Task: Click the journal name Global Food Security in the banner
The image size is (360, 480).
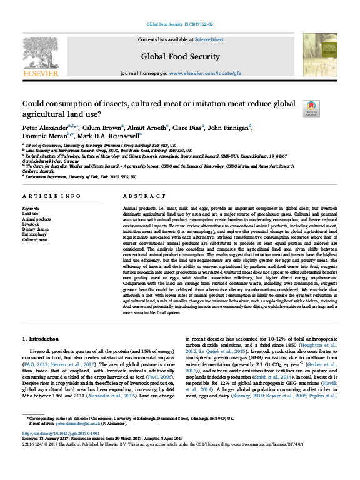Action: tap(179, 55)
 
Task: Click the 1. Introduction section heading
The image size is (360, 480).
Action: tap(41, 339)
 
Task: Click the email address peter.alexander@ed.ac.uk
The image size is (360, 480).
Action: tap(77, 424)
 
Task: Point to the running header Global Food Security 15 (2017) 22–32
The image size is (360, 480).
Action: tap(179, 24)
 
